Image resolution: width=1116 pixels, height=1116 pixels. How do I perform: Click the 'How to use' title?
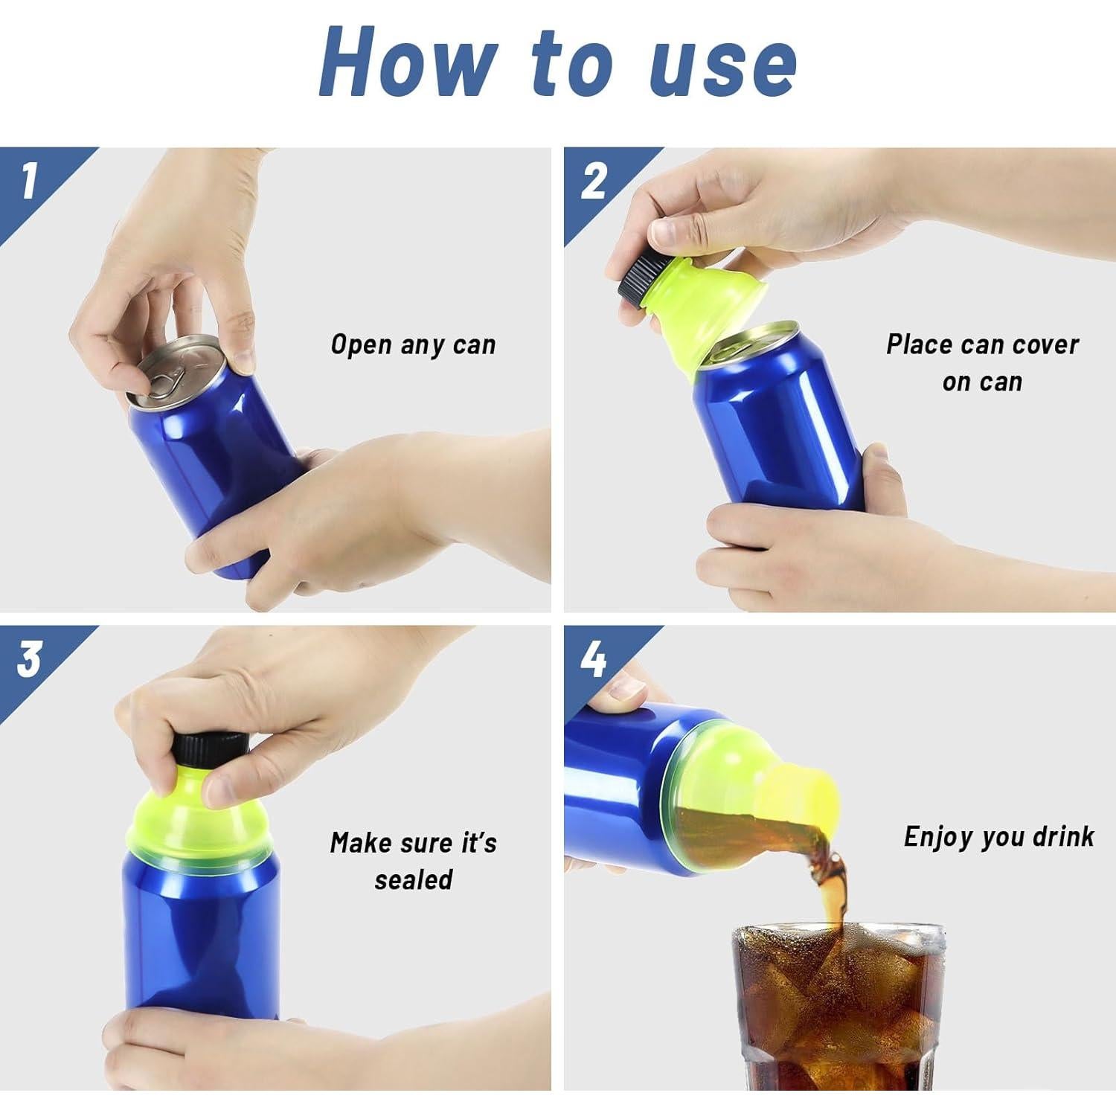coord(558,63)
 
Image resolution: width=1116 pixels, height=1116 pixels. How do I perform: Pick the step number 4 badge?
coord(593,659)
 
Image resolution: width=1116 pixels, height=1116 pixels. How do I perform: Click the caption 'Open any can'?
coord(413,345)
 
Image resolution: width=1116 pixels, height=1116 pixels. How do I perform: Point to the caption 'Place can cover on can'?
coord(982,363)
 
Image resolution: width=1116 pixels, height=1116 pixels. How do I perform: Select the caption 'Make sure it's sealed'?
coord(413,861)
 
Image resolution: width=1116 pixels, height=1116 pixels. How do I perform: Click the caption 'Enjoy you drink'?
coord(998,837)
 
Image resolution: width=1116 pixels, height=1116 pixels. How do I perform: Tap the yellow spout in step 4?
coord(800,796)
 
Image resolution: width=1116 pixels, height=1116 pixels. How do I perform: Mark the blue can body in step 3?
coord(201,937)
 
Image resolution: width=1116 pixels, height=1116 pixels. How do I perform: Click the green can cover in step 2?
coord(692,312)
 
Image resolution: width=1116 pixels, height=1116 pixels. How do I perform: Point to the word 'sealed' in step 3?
coord(413,880)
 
